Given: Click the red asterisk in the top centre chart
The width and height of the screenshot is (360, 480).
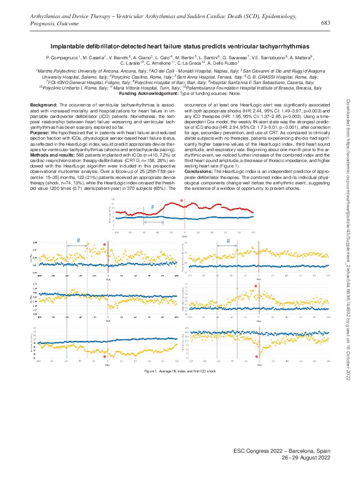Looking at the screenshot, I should (x=182, y=201).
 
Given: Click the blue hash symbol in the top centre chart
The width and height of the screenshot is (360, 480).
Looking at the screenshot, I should (x=152, y=207).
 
